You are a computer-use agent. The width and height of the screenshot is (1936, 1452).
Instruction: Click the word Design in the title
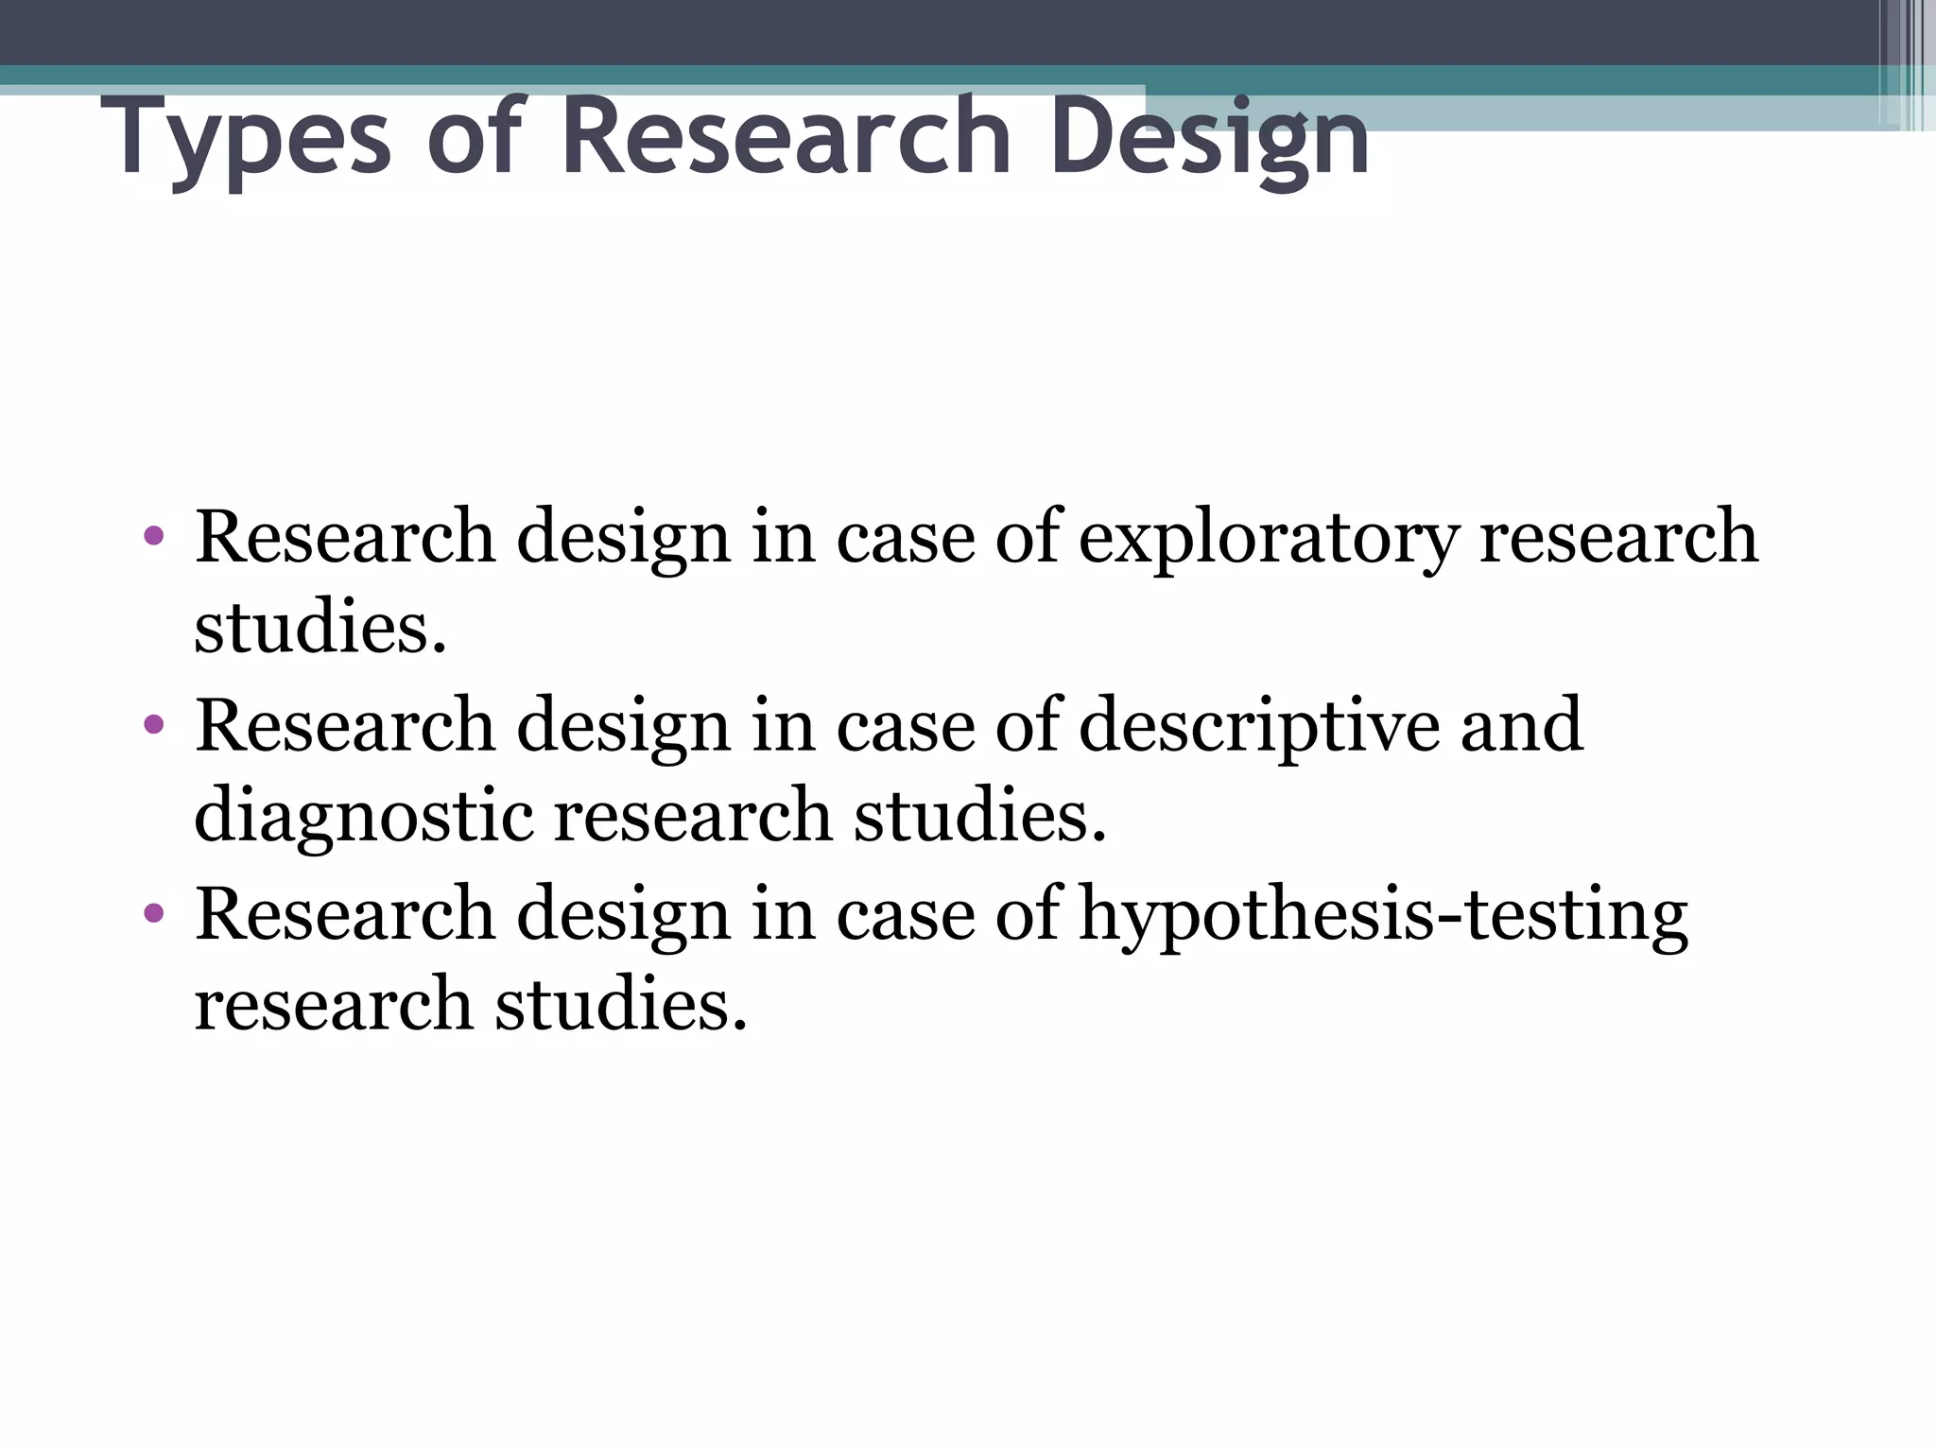(1209, 140)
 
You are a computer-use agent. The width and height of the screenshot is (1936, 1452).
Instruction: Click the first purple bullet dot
(154, 538)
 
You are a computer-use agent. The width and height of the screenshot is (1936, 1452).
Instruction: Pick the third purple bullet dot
(154, 914)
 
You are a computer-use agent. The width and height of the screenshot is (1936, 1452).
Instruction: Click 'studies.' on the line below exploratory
(320, 628)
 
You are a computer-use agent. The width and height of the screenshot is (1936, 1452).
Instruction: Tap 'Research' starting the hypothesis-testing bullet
(345, 914)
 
